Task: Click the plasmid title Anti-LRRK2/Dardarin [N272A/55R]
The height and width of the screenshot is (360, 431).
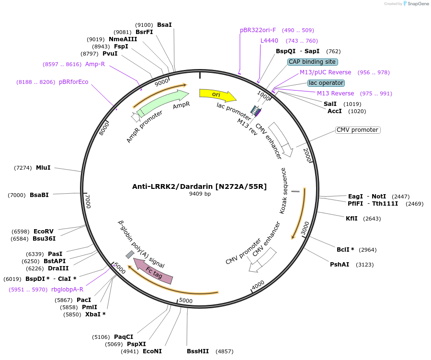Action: pyautogui.click(x=199, y=186)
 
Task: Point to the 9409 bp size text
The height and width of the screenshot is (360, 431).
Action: pyautogui.click(x=200, y=194)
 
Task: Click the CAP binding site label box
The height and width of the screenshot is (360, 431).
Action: pyautogui.click(x=313, y=62)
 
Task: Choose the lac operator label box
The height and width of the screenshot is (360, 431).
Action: pyautogui.click(x=326, y=83)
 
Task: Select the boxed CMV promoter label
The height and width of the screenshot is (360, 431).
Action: pyautogui.click(x=358, y=130)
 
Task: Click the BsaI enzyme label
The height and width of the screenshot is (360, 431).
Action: pyautogui.click(x=164, y=24)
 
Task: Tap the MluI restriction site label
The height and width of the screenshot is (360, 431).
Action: pyautogui.click(x=43, y=168)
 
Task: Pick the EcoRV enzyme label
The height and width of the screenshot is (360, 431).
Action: pyautogui.click(x=43, y=231)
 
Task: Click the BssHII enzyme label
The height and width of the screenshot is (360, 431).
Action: pyautogui.click(x=198, y=351)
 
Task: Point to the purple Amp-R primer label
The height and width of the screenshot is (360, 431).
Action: pyautogui.click(x=95, y=64)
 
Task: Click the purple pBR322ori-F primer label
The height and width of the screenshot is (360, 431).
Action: pyautogui.click(x=258, y=30)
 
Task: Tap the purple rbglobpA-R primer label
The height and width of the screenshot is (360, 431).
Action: pyautogui.click(x=67, y=289)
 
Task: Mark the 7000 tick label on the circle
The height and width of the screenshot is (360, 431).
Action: pyautogui.click(x=88, y=201)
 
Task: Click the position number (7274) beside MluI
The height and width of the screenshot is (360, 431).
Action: pyautogui.click(x=23, y=168)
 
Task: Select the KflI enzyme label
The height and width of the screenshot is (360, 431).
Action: pyautogui.click(x=352, y=219)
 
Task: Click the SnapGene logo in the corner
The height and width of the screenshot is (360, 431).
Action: pyautogui.click(x=416, y=4)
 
